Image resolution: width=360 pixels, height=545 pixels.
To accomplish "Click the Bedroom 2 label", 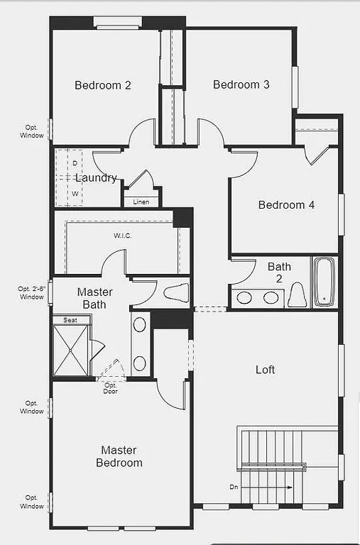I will click(x=103, y=85).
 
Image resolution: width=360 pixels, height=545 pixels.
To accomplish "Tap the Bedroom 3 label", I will click(x=241, y=84).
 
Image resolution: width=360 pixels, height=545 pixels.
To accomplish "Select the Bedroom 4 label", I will click(x=286, y=205).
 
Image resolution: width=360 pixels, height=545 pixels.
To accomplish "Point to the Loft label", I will click(x=265, y=370).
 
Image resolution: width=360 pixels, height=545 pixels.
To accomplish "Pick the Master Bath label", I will click(x=94, y=298).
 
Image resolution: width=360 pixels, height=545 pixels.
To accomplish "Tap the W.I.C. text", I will click(x=123, y=236).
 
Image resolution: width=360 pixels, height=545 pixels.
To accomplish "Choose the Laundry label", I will click(x=96, y=178).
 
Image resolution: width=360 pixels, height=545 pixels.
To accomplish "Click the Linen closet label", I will click(x=141, y=202).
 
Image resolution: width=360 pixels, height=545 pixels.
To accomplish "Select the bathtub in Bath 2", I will click(x=324, y=282).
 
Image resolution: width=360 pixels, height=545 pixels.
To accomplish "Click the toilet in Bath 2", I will click(x=296, y=294).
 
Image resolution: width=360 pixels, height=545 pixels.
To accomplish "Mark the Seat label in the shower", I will click(x=70, y=320).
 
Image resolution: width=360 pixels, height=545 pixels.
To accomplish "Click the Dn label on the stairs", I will click(x=234, y=488).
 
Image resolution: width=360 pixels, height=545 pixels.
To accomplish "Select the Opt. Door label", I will click(x=111, y=388).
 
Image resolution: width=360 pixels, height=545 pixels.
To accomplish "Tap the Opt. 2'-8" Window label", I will click(x=31, y=292).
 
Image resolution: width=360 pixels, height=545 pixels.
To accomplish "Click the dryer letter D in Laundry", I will click(x=74, y=163).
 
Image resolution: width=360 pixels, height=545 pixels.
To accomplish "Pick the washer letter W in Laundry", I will click(x=74, y=193).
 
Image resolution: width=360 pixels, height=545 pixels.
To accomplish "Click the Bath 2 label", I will click(x=279, y=272).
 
